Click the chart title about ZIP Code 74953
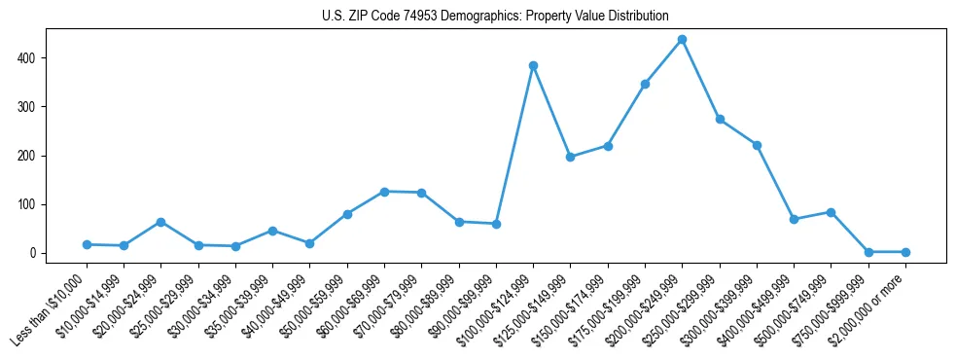pos(495,16)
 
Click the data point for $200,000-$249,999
pos(682,40)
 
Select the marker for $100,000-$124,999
pos(533,66)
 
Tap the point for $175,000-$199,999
pos(645,85)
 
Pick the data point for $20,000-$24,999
pos(160,222)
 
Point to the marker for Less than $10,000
pos(87,244)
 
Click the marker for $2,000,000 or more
pos(905,252)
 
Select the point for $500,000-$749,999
pos(831,212)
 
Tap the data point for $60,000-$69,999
pos(384,192)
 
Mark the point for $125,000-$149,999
pos(570,157)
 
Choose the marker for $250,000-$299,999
pos(720,119)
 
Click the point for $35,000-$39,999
pos(272,231)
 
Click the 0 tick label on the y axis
pos(33,253)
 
